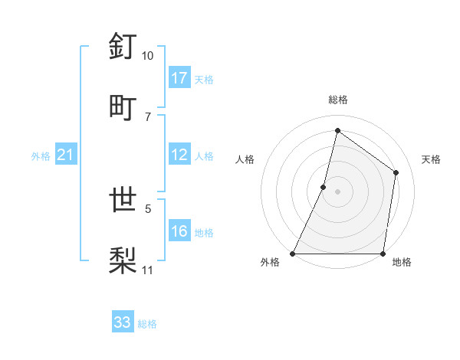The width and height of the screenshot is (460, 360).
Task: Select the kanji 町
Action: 123,106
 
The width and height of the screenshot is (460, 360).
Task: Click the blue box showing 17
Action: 179,78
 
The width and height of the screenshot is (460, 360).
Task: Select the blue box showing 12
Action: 179,155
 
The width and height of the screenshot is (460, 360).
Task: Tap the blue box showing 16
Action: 179,232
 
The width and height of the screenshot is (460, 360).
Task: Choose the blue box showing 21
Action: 65,155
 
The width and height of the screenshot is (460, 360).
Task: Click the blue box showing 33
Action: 123,322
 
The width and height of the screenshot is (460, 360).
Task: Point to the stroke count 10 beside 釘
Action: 147,56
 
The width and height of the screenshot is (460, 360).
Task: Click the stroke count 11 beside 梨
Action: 148,270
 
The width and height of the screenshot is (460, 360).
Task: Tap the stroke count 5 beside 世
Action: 148,208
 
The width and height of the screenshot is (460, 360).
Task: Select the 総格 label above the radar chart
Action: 337,100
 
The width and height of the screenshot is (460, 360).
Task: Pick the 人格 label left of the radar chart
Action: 245,159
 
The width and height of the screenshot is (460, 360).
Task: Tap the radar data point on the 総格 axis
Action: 337,131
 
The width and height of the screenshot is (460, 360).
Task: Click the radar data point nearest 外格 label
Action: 293,254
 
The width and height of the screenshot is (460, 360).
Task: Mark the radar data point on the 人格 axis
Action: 324,186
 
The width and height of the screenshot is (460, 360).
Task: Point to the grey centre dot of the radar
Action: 337,191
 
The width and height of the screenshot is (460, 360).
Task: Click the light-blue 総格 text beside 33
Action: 147,324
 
